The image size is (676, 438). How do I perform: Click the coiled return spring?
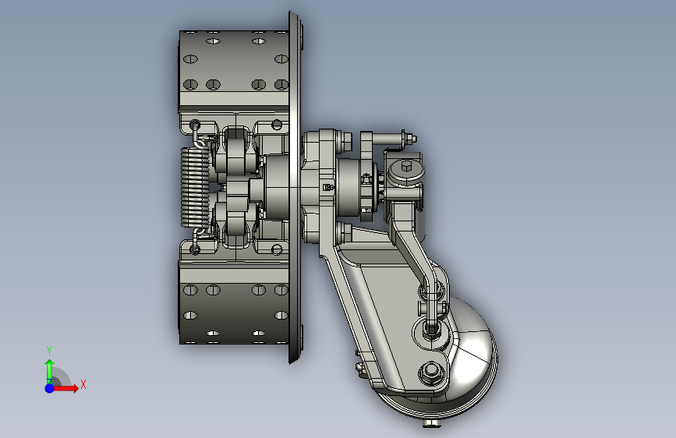click(x=195, y=187)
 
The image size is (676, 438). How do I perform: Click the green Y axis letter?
click(x=49, y=350)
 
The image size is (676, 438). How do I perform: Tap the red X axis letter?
click(x=83, y=384)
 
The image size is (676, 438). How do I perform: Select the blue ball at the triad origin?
click(x=50, y=388)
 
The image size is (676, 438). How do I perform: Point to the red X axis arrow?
click(x=65, y=388)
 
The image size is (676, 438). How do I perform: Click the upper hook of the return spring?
click(x=198, y=135)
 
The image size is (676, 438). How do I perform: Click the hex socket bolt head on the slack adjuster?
click(x=406, y=167)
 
